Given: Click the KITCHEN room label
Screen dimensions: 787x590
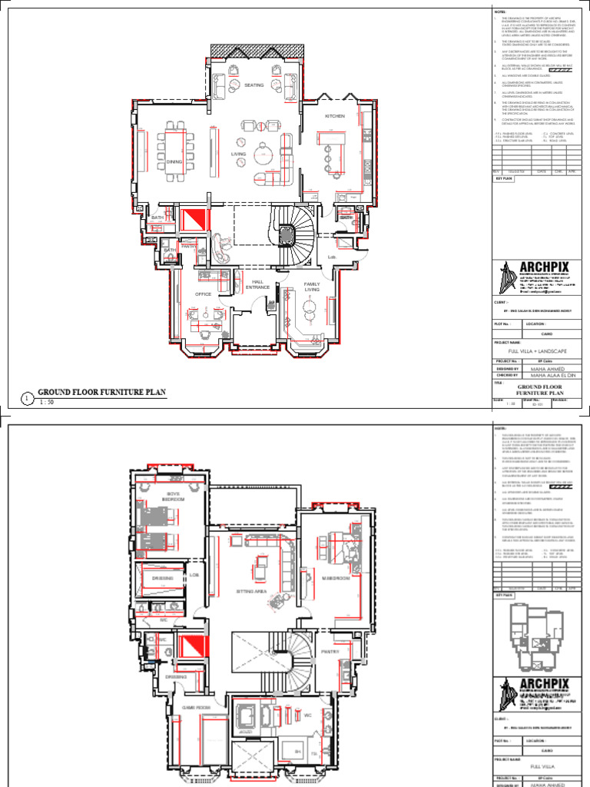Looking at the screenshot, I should [335, 116].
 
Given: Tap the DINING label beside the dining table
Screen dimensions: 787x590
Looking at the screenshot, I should [175, 162].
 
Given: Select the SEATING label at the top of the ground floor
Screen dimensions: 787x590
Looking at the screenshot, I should [254, 85].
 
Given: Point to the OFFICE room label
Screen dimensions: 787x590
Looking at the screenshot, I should [203, 294].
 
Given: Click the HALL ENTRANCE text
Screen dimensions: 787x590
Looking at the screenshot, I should [258, 284].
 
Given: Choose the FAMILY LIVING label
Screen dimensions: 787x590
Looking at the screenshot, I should [311, 287].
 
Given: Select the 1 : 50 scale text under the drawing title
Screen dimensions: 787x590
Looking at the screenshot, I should [47, 403].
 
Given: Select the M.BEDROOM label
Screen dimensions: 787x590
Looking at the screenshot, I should [336, 578].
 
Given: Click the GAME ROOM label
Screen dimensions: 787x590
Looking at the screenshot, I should [196, 706].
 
